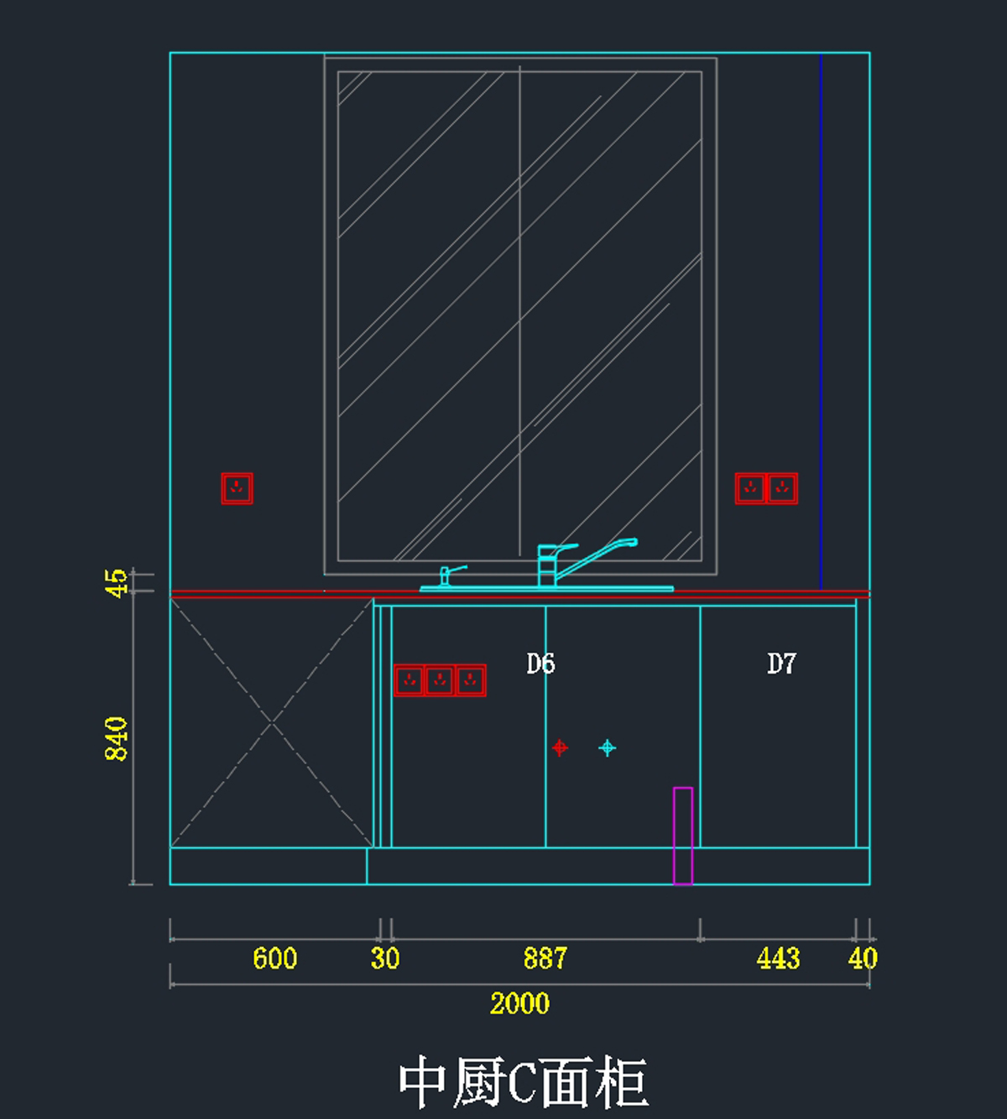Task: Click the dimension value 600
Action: (275, 958)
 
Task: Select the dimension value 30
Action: (385, 958)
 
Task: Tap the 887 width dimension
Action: (545, 958)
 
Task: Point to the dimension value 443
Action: (778, 958)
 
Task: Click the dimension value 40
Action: (863, 958)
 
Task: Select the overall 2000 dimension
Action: (519, 1003)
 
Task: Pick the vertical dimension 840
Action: (117, 738)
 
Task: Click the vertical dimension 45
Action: (117, 582)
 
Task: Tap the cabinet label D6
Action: (540, 664)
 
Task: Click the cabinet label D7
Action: (781, 664)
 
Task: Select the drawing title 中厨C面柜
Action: (523, 1082)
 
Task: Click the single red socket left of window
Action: (237, 488)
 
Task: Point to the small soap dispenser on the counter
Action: (446, 575)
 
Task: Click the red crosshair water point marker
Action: (560, 747)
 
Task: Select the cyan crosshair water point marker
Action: (608, 747)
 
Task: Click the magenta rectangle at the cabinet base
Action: (683, 835)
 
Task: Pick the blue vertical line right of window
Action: (821, 319)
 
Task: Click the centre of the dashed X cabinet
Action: (272, 722)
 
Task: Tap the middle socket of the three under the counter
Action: (440, 680)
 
